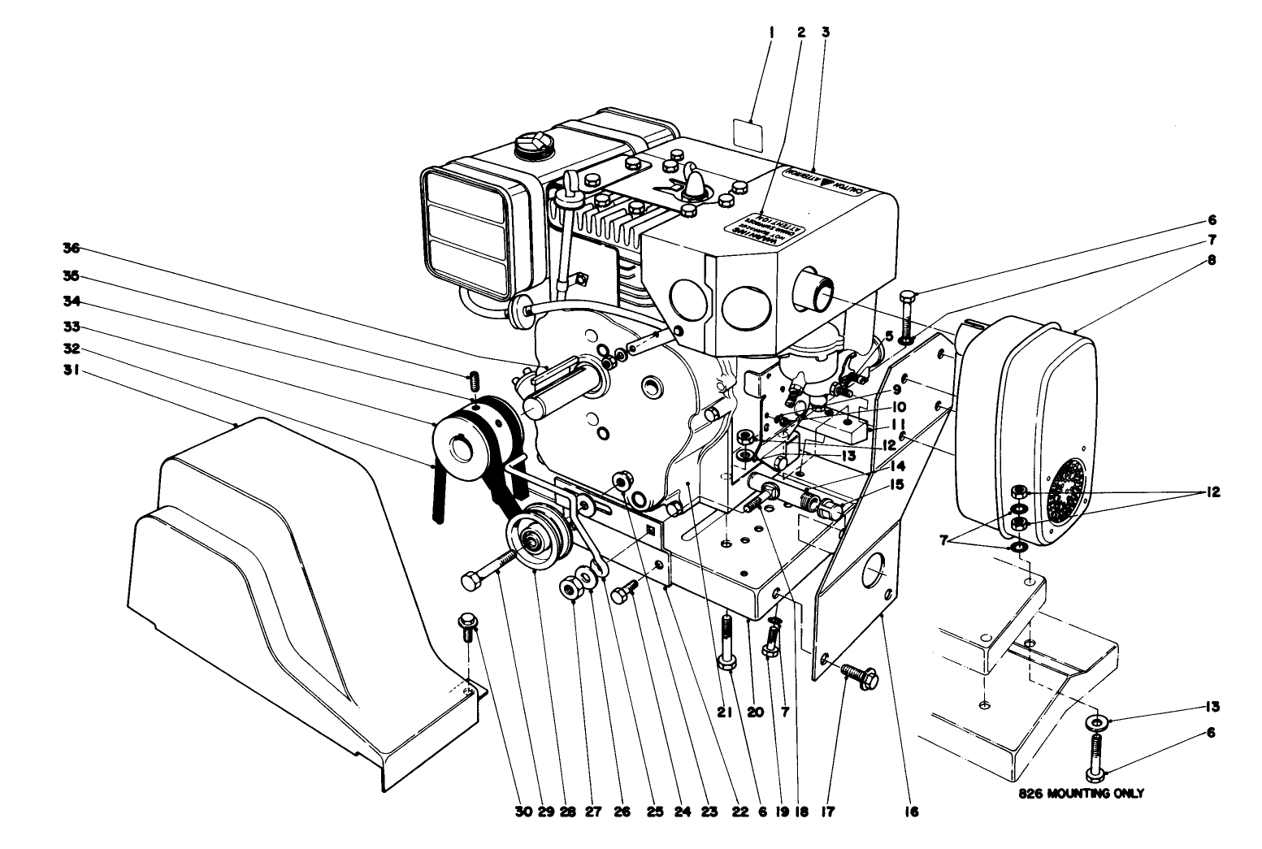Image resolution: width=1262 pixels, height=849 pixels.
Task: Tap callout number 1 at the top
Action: [x=771, y=32]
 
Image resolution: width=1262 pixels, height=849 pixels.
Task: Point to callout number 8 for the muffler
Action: [x=1234, y=261]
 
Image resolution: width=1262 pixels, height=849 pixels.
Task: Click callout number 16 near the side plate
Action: [x=911, y=810]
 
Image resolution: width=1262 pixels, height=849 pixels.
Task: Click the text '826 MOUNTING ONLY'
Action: [x=1080, y=793]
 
